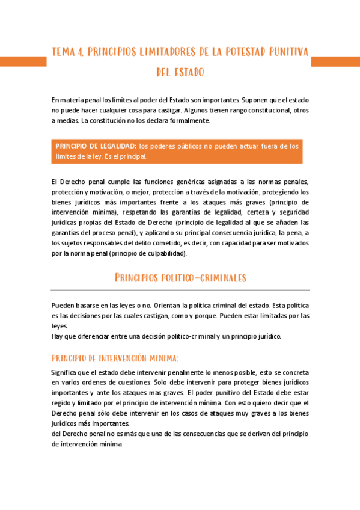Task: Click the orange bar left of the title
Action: pyautogui.click(x=23, y=61)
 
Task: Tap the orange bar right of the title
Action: pyautogui.click(x=335, y=61)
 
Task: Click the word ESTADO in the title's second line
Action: pyautogui.click(x=191, y=72)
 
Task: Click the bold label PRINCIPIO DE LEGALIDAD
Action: pyautogui.click(x=95, y=146)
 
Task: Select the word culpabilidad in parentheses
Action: pyautogui.click(x=167, y=253)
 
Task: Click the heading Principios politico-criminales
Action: pyautogui.click(x=180, y=277)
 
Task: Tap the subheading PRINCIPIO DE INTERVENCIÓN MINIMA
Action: pyautogui.click(x=115, y=358)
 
